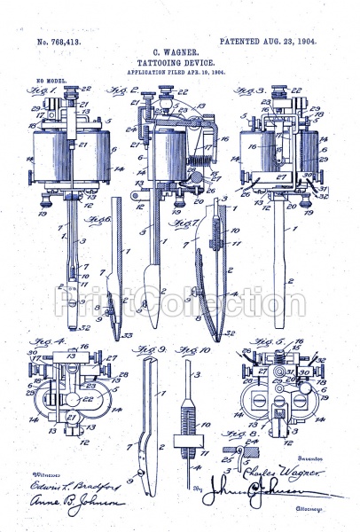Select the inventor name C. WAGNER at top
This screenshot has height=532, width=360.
[x=180, y=54]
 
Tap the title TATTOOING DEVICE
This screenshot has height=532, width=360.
[x=180, y=65]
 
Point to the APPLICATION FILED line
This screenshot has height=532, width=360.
[x=180, y=75]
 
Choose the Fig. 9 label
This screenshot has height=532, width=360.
[x=148, y=349]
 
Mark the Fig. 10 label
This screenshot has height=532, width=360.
[x=188, y=349]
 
